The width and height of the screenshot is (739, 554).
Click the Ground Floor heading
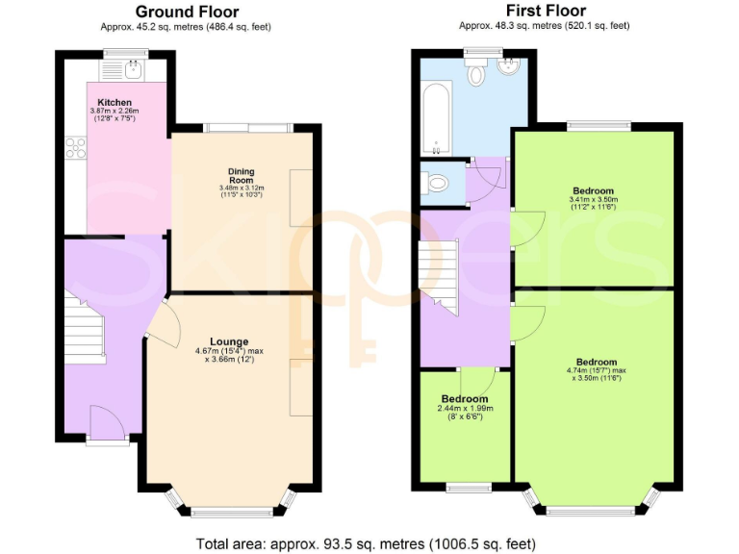tap(189, 12)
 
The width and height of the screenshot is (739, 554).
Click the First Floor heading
tap(545, 12)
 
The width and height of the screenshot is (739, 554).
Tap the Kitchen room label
tap(115, 102)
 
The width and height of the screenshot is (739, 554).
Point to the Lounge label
tap(229, 341)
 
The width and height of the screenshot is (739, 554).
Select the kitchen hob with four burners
tap(75, 148)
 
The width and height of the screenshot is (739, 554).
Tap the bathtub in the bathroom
tap(436, 120)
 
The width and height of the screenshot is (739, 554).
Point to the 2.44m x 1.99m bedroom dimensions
tap(465, 413)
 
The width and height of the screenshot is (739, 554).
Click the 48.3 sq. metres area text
tap(544, 26)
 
